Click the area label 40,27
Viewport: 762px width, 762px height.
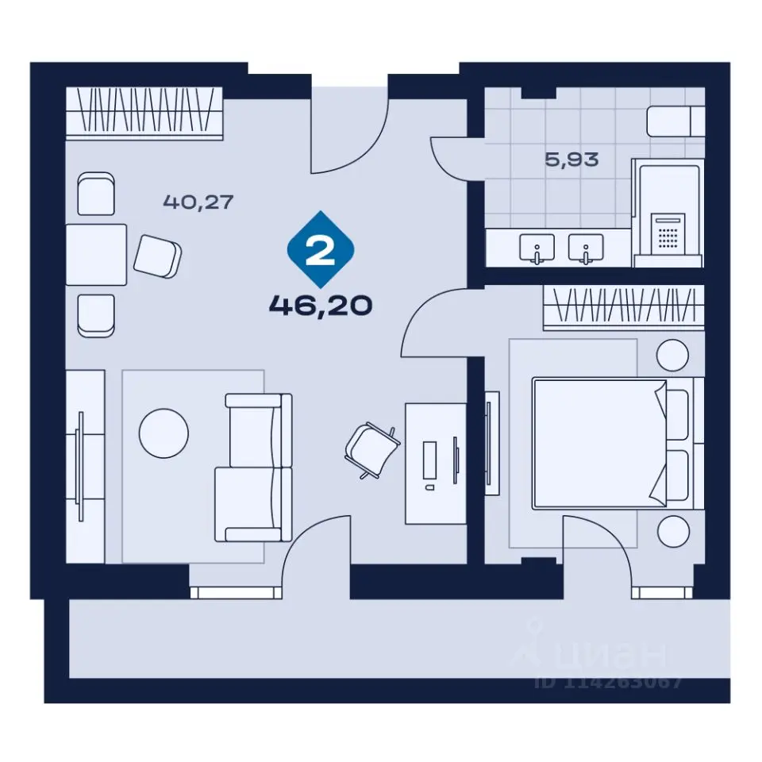tap(198, 202)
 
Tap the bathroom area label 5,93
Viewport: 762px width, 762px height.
tap(571, 160)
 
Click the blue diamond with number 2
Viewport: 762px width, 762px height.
tap(321, 249)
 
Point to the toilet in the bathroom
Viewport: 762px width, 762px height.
tap(675, 121)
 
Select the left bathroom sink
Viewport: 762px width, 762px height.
tap(537, 248)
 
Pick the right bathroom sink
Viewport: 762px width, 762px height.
tap(586, 248)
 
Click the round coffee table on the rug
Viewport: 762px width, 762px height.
tap(164, 433)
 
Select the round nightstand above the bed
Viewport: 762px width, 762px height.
tap(672, 356)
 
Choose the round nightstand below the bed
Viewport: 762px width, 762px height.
tap(673, 531)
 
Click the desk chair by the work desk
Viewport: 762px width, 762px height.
tap(371, 449)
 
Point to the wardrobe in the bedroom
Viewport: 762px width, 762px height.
tap(624, 308)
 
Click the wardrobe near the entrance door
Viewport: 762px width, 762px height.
tap(144, 114)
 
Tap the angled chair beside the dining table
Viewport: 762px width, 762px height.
tap(157, 256)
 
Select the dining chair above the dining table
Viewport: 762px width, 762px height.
tap(96, 194)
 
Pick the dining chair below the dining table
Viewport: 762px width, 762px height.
tap(96, 316)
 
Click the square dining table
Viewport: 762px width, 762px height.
tap(96, 255)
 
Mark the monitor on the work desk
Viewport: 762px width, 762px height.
tap(456, 460)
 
